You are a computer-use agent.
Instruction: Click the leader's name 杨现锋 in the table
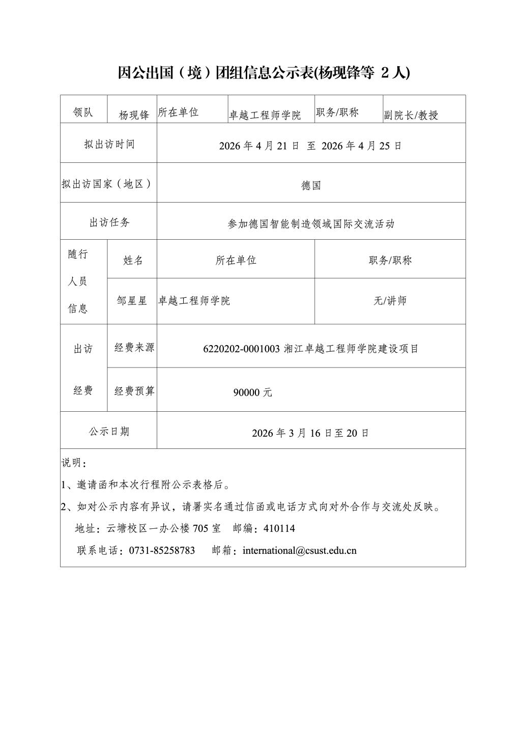coord(134,115)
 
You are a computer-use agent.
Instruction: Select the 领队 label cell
coord(83,112)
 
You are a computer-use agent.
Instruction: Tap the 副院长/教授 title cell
coord(411,115)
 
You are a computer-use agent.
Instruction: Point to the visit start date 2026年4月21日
coord(259,146)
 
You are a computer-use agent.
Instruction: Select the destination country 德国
coord(311,185)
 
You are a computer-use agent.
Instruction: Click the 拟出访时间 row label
coord(109,144)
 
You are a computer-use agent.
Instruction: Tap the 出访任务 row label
coord(109,222)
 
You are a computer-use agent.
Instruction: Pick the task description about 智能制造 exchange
coord(311,224)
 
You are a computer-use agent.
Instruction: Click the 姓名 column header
coord(133,260)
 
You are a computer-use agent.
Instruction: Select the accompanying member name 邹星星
coord(132,301)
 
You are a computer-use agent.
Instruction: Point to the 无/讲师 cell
coord(390,301)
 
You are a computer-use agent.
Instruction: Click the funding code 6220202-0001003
coord(242,349)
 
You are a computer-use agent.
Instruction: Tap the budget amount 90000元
coord(253,392)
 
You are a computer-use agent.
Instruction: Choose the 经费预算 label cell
coord(134,391)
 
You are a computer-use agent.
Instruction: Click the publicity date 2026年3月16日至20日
coord(310,433)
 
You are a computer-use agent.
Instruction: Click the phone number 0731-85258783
coord(162,550)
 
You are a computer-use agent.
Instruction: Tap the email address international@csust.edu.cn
coord(300,550)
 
